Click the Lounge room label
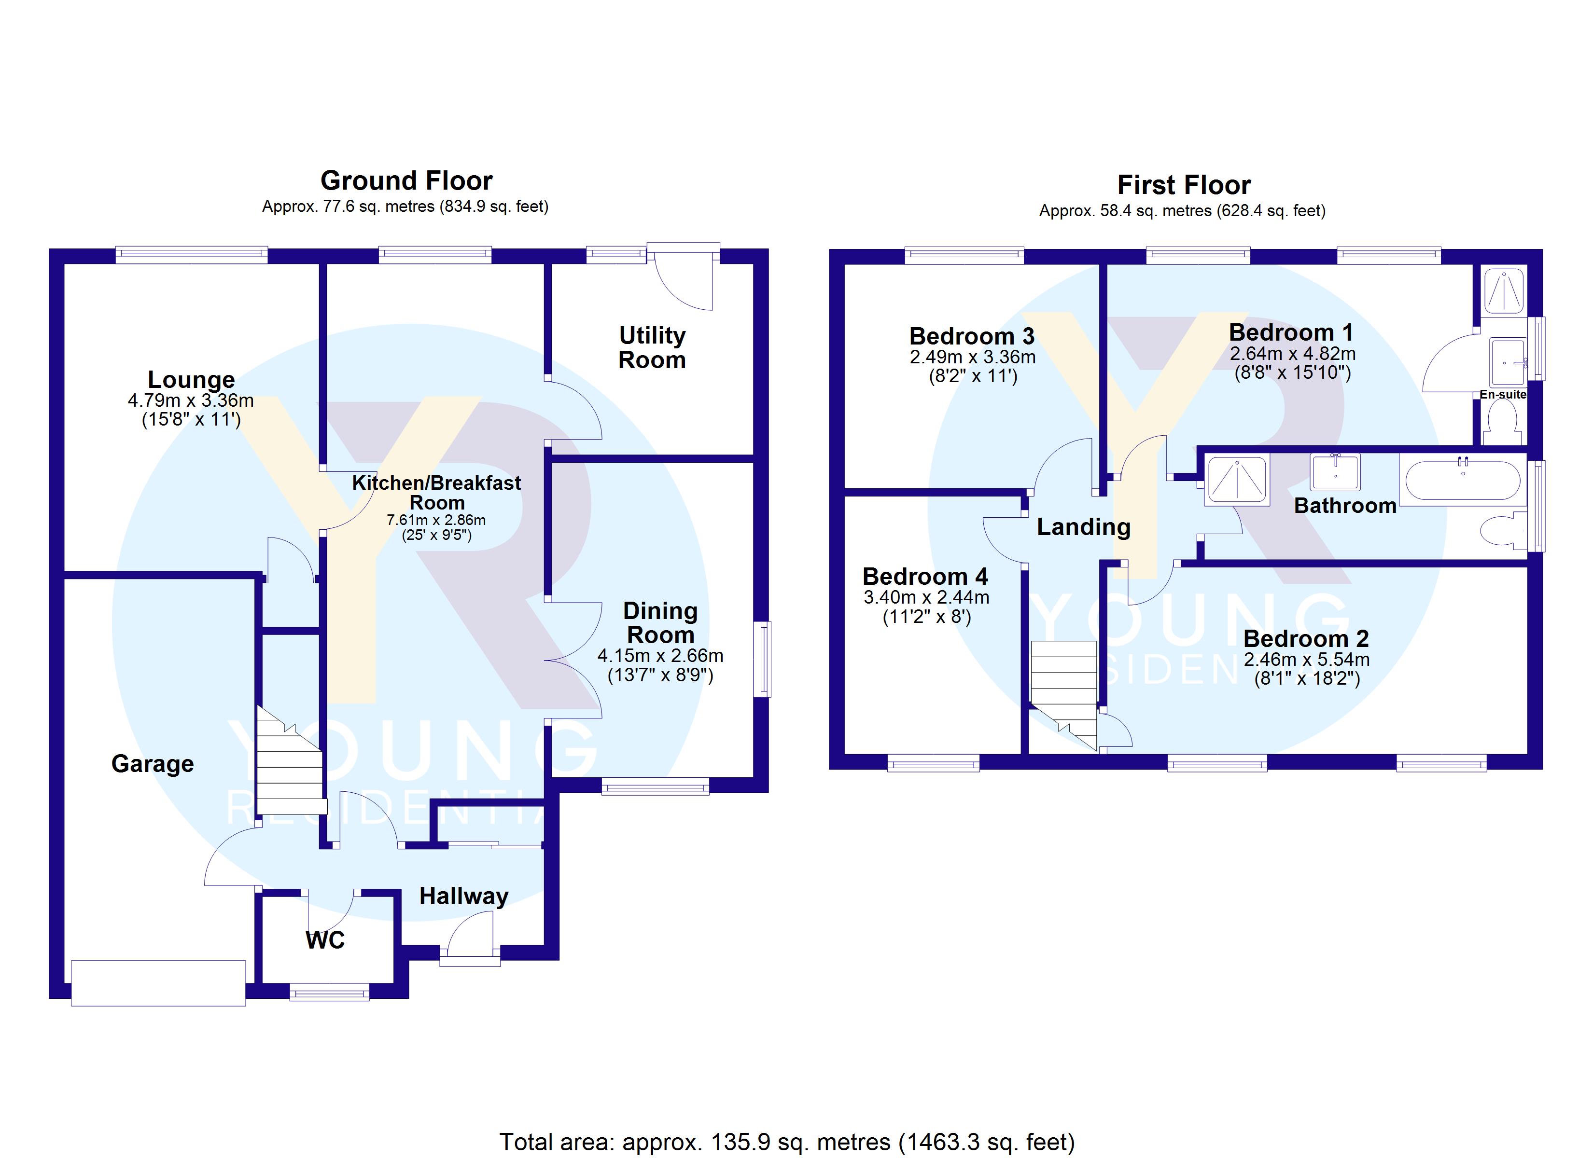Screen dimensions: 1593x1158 [x=191, y=379]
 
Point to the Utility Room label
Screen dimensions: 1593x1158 [x=652, y=347]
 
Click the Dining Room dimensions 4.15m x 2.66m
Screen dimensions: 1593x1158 [x=660, y=656]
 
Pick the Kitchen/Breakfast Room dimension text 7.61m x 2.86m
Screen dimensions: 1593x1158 [x=436, y=520]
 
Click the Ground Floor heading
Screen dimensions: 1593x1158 [x=406, y=180]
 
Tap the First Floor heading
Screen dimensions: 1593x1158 [x=1184, y=185]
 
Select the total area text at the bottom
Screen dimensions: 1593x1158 [x=787, y=1142]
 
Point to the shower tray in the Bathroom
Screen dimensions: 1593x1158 [x=1237, y=481]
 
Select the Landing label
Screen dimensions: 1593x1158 [x=1084, y=527]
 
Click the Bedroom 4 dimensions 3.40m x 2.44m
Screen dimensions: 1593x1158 [x=926, y=598]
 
